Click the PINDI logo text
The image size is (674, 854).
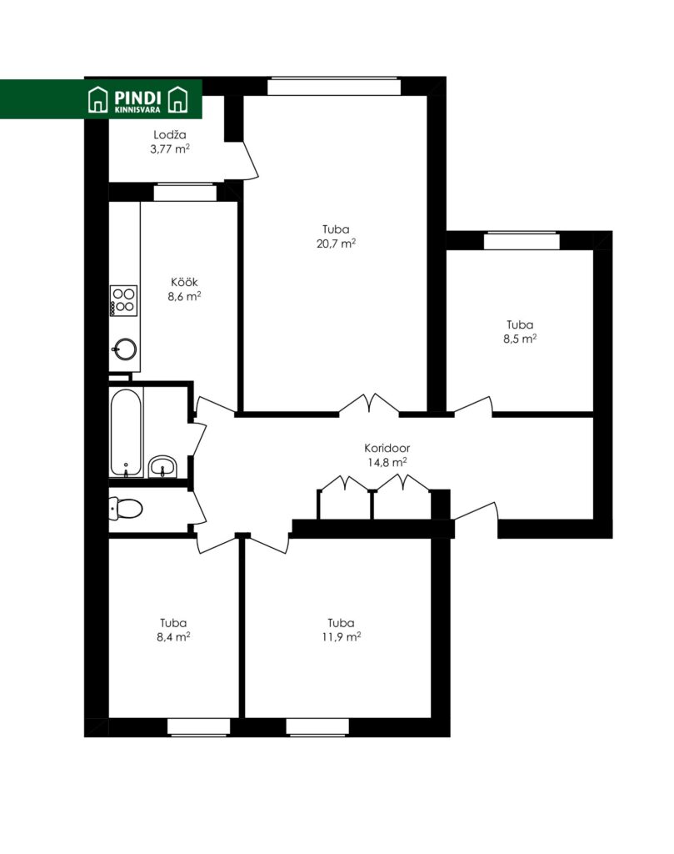tap(137, 98)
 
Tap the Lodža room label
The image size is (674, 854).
tap(170, 134)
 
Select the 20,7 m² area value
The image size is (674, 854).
tap(337, 244)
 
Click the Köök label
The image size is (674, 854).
tap(184, 282)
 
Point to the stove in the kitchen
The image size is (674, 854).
tap(123, 300)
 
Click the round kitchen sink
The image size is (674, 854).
tap(125, 349)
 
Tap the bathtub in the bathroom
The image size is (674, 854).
tap(126, 433)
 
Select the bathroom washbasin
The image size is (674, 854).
tap(162, 466)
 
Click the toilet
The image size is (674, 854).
tap(126, 509)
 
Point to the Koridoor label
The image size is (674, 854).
tap(387, 448)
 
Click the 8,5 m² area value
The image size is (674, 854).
tap(520, 339)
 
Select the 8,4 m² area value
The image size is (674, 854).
tap(173, 636)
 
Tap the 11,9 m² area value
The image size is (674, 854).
tap(342, 636)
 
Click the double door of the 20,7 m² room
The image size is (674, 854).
tap(369, 404)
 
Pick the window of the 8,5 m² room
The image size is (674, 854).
tap(522, 240)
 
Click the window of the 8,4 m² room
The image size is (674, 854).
tap(198, 727)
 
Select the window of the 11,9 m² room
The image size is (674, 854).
tap(317, 727)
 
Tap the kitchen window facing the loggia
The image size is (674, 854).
tap(185, 193)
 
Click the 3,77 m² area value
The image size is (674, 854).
tap(170, 148)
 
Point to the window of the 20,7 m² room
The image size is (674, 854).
tap(334, 87)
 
